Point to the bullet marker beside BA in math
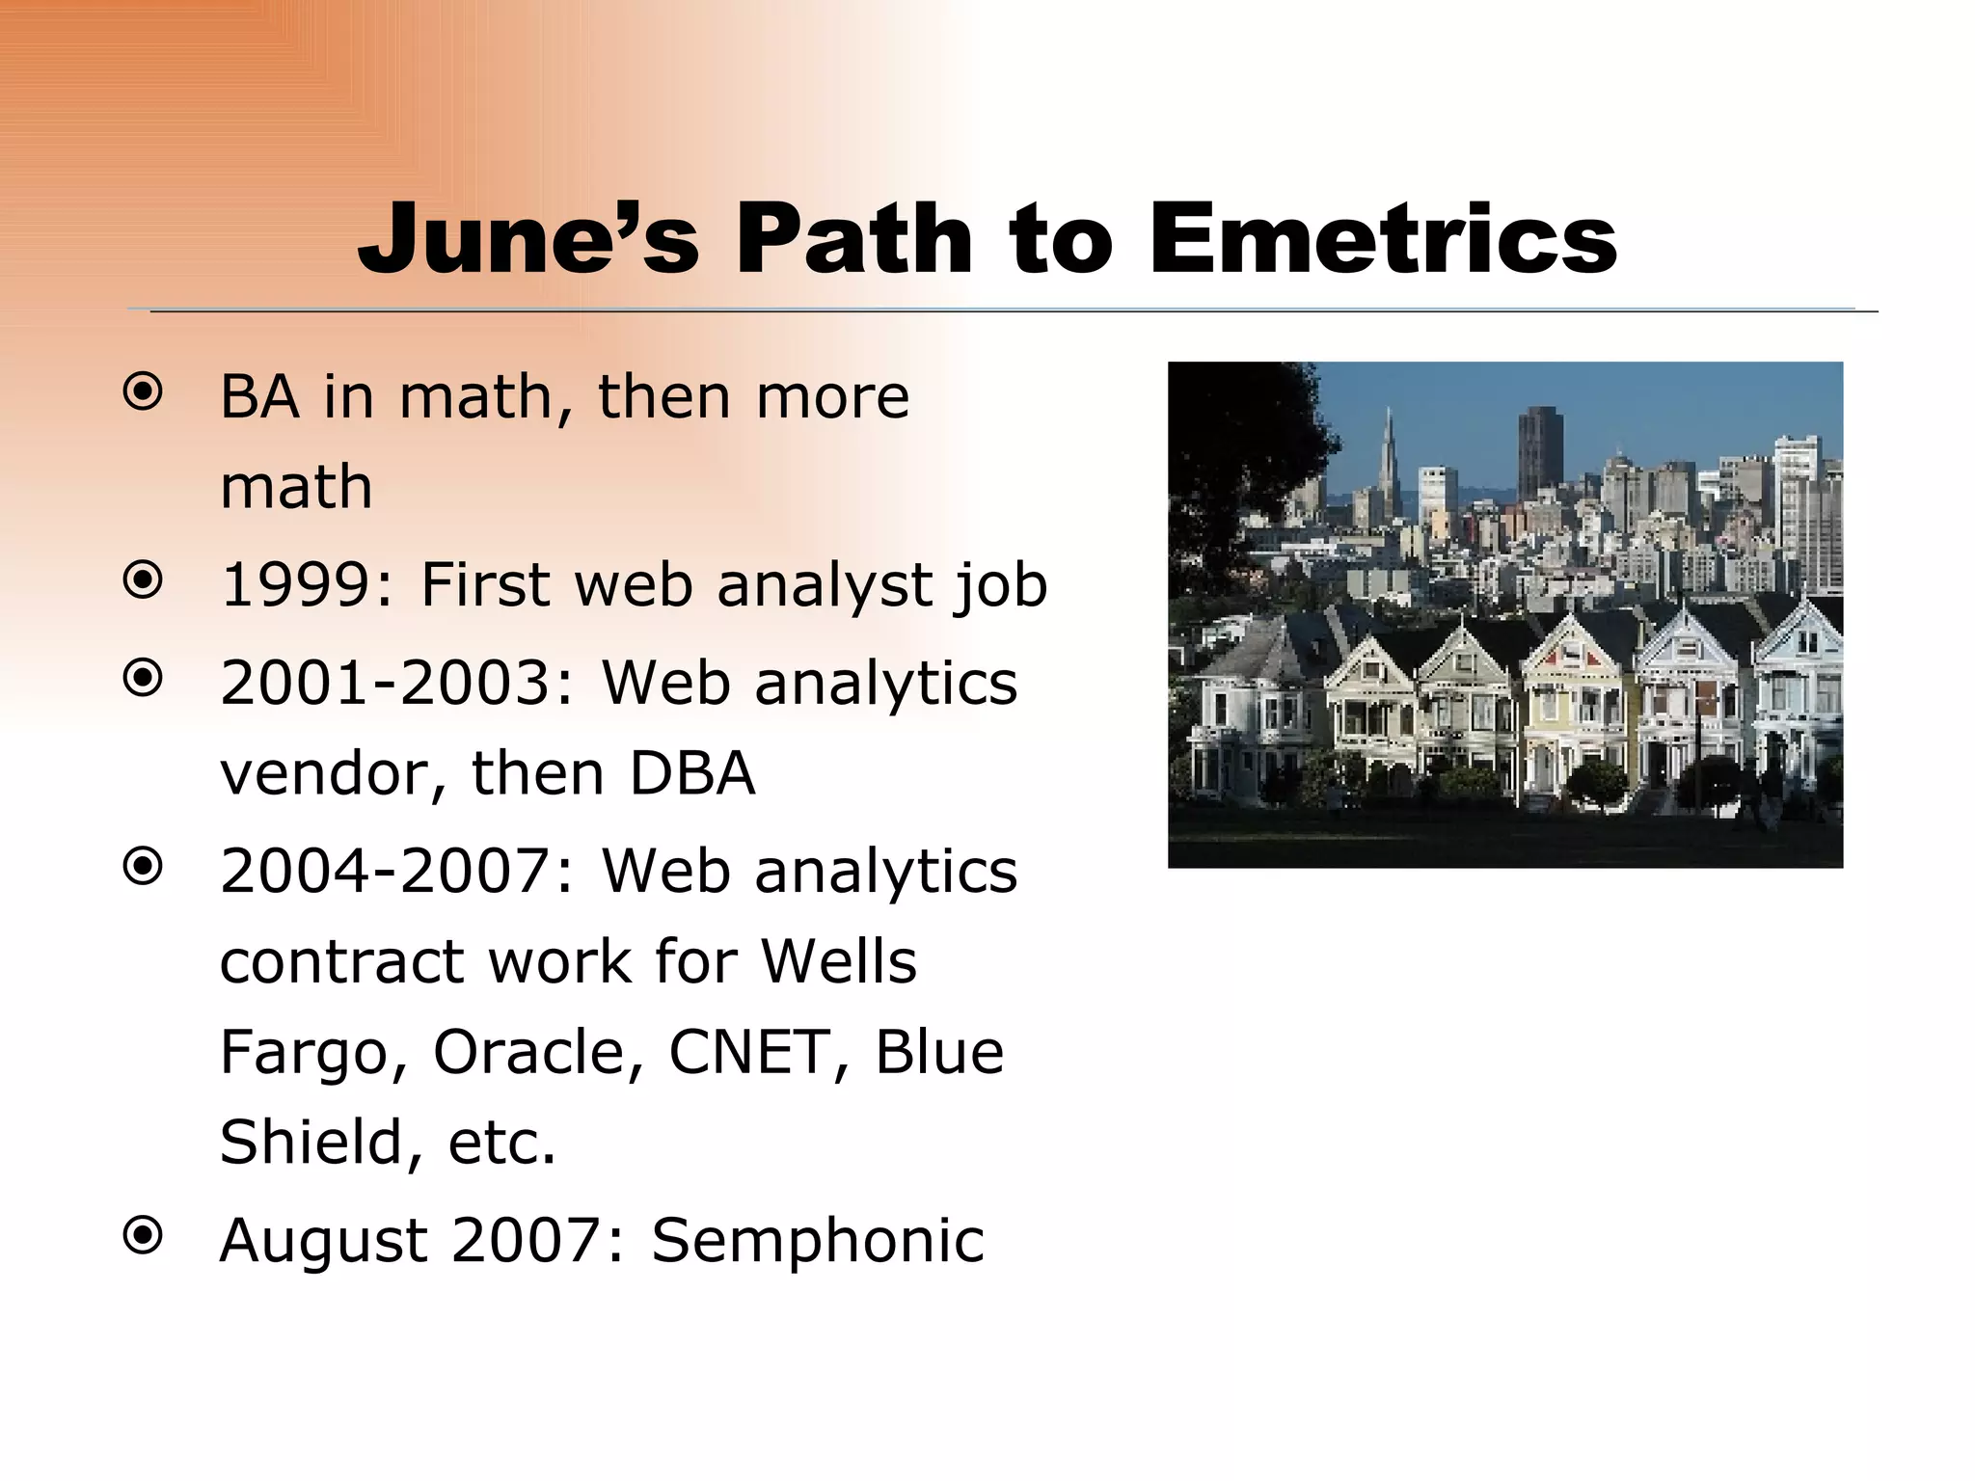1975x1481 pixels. [143, 392]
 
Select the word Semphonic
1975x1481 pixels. [818, 1240]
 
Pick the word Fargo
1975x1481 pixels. [313, 1053]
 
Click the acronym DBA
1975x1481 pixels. [691, 773]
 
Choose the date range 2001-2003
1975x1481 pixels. [384, 684]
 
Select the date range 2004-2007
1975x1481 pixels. [384, 872]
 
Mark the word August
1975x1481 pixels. [323, 1242]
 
